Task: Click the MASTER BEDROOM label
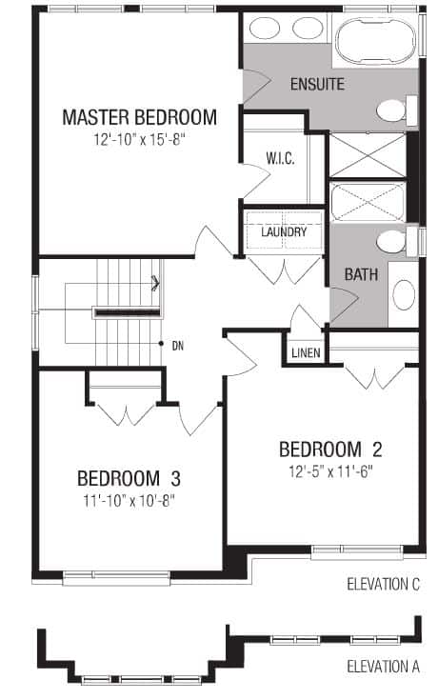click(139, 117)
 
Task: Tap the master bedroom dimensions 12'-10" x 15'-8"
click(139, 140)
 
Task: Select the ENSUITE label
click(317, 84)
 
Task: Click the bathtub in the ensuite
click(375, 41)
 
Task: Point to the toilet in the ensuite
click(396, 110)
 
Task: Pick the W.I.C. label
click(280, 158)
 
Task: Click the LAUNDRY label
click(284, 231)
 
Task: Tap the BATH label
click(361, 274)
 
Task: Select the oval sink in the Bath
click(404, 294)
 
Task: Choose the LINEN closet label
click(307, 352)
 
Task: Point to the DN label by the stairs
click(178, 346)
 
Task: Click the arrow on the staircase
click(156, 283)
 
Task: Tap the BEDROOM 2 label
click(330, 450)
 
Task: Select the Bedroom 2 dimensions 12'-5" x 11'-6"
click(330, 471)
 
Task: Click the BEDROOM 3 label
click(129, 478)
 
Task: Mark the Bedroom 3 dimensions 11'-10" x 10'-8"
click(129, 500)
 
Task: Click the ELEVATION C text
click(384, 585)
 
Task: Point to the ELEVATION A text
click(384, 667)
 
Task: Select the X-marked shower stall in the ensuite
click(367, 155)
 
